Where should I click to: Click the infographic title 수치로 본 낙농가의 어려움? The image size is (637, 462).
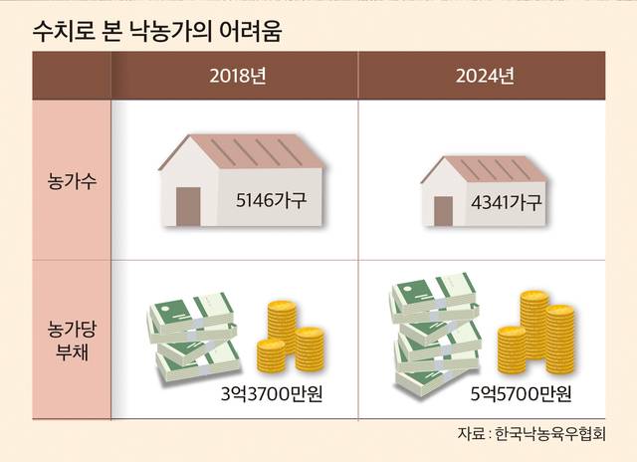coord(156,31)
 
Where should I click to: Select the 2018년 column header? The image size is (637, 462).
coord(238,76)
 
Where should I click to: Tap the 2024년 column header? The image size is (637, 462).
coord(485,76)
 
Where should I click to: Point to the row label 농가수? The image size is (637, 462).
coord(73,181)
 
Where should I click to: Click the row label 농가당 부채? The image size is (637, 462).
coord(73,341)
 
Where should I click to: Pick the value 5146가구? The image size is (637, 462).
coord(271,200)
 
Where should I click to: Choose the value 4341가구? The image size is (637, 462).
coord(507,202)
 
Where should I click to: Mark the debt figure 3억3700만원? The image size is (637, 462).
coord(272,393)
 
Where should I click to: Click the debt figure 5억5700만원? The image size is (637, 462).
coord(522,393)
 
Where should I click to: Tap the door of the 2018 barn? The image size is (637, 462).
coord(188,206)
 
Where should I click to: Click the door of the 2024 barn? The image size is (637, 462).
coord(443,211)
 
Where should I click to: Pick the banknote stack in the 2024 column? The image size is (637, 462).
coord(436,334)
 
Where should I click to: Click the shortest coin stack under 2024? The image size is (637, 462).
coord(512,350)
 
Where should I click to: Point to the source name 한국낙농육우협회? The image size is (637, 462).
coord(550,433)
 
